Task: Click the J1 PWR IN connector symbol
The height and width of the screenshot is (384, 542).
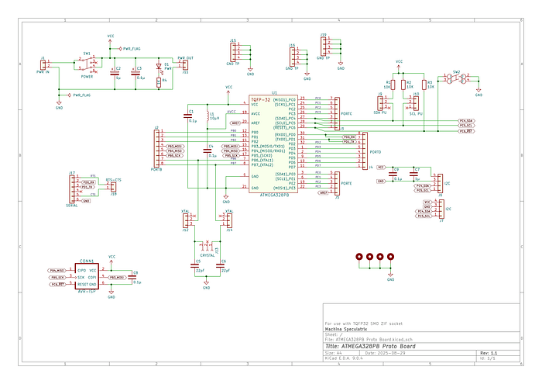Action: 46,64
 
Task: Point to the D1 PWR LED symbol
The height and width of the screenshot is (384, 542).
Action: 159,67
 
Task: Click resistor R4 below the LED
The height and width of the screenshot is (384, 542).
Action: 159,81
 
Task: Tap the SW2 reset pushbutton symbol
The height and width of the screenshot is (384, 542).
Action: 456,78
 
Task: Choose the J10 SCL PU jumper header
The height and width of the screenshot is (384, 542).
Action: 415,102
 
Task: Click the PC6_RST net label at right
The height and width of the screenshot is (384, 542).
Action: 467,132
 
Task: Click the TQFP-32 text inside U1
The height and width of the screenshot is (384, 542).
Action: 260,99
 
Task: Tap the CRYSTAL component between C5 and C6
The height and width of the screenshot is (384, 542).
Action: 207,243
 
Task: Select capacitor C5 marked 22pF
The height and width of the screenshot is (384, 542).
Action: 194,265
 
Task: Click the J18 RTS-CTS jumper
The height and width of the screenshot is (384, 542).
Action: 113,186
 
